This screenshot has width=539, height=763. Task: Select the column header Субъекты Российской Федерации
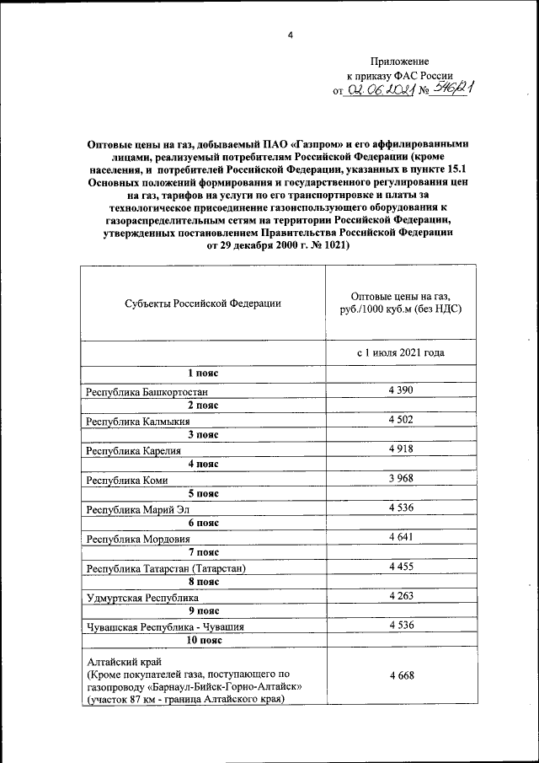[x=203, y=303]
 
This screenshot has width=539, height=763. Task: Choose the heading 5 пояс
[x=203, y=493]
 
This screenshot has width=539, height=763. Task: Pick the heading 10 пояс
[x=203, y=641]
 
